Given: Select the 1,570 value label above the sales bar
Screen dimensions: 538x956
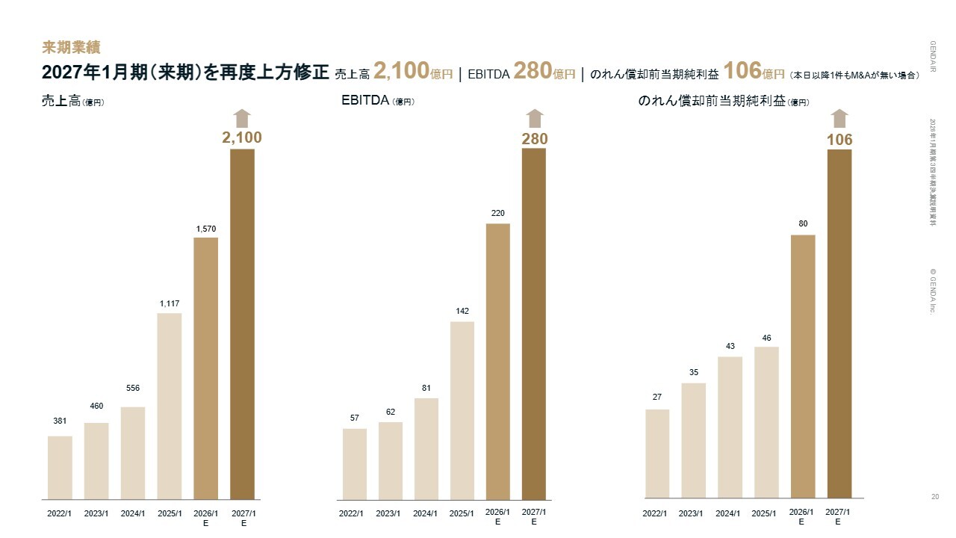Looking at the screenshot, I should [x=205, y=228].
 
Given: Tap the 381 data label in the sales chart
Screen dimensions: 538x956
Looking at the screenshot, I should [x=60, y=421].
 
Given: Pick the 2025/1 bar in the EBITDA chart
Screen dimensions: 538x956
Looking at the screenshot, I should [x=462, y=410].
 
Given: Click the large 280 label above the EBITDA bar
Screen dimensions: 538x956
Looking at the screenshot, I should [x=534, y=139].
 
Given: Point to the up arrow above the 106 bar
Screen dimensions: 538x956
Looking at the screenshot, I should [x=839, y=119].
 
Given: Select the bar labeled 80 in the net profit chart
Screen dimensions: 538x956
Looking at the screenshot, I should [x=803, y=366].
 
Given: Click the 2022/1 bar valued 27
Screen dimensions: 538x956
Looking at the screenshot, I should [x=657, y=454].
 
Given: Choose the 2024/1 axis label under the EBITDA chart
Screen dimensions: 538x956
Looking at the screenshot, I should [x=425, y=513].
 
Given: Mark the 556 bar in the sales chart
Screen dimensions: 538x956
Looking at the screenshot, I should [x=133, y=453].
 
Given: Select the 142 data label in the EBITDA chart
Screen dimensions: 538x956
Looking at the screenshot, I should [x=462, y=311].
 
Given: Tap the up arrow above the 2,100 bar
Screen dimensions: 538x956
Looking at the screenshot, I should [x=242, y=118].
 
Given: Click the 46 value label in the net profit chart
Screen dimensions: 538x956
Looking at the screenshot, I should [x=766, y=338].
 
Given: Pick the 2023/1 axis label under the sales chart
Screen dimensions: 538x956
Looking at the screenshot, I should [x=96, y=513].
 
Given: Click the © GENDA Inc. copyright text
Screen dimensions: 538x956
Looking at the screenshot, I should [x=932, y=291].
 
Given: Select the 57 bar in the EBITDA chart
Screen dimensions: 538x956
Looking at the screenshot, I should [x=354, y=463].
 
